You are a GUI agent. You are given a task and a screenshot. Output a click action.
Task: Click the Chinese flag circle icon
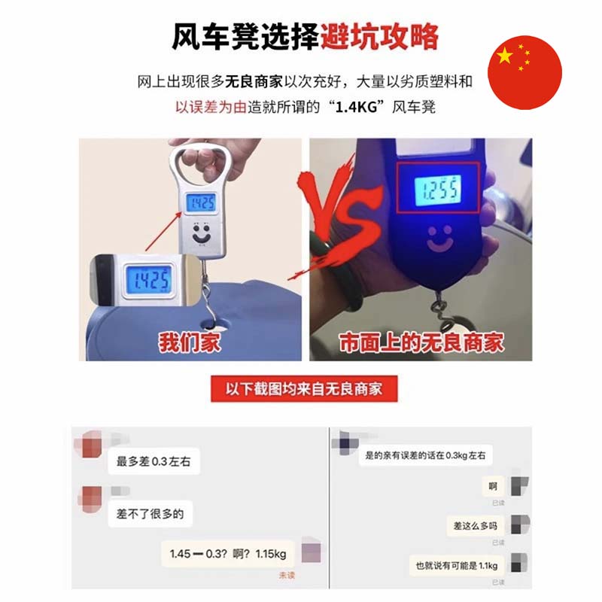[524, 72]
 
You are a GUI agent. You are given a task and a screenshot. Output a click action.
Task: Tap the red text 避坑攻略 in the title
[379, 37]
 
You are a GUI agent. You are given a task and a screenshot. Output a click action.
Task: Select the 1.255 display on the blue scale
[438, 190]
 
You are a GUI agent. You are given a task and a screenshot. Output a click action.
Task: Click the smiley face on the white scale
[201, 233]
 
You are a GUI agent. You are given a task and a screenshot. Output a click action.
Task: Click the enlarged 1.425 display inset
[147, 279]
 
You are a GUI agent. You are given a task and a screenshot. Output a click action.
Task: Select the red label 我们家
[190, 342]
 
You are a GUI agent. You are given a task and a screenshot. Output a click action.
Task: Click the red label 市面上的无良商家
[421, 342]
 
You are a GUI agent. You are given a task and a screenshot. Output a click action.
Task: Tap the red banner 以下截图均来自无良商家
[304, 389]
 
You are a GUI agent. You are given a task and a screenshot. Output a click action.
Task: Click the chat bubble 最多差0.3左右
[154, 461]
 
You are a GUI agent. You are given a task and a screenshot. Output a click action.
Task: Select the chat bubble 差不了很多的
[150, 514]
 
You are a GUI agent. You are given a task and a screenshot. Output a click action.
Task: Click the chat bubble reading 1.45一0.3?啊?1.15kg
[228, 554]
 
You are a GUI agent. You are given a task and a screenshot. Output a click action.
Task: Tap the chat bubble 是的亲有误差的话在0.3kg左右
[425, 455]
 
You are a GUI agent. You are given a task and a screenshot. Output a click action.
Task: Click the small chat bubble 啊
[493, 486]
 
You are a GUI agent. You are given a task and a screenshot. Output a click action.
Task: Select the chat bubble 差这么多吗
[476, 525]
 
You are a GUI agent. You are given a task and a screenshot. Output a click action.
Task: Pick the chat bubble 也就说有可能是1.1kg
[457, 566]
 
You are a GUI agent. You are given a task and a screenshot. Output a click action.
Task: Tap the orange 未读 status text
[287, 575]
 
